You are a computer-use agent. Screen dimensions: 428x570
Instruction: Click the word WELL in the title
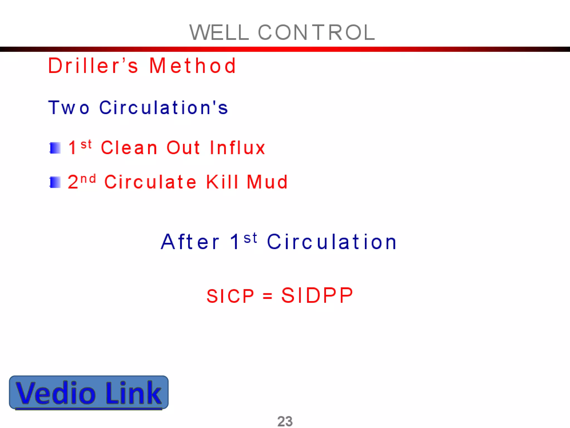[219, 33]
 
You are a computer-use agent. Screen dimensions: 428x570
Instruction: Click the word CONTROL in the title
[317, 33]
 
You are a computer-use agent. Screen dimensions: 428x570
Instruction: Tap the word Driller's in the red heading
[93, 66]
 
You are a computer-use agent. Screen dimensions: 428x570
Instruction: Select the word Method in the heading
[193, 66]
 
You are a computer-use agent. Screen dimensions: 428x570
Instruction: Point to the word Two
[69, 108]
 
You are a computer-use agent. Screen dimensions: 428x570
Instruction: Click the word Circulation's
[164, 108]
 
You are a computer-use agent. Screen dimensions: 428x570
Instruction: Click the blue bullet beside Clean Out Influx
[55, 148]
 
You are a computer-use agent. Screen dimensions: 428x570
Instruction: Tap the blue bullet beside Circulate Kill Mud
[55, 182]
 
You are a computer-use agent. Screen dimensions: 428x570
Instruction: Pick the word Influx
[237, 148]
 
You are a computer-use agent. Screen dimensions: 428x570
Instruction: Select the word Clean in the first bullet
[129, 148]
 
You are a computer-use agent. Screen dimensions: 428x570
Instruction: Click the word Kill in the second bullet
[222, 182]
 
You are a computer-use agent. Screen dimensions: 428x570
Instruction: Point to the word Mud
[267, 182]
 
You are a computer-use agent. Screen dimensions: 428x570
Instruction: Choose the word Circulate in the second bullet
[151, 182]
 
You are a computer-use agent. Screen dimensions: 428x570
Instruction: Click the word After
[190, 242]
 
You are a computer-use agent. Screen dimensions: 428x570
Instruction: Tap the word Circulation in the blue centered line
[332, 242]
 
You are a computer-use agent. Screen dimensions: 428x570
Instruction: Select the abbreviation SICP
[230, 296]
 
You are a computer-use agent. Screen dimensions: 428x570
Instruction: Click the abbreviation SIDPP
[317, 295]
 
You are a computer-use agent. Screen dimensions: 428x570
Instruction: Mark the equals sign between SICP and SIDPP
[267, 296]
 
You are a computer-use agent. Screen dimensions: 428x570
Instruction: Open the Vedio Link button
[89, 392]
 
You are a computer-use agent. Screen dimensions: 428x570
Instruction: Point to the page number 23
[285, 421]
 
